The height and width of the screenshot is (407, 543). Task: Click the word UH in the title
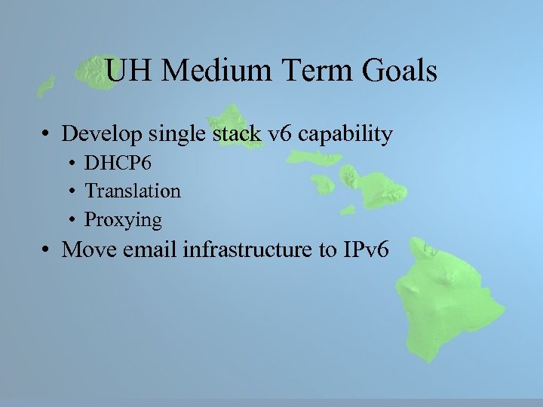click(129, 72)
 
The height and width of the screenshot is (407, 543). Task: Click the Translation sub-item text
click(133, 191)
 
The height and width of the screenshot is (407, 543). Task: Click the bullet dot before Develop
click(48, 136)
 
